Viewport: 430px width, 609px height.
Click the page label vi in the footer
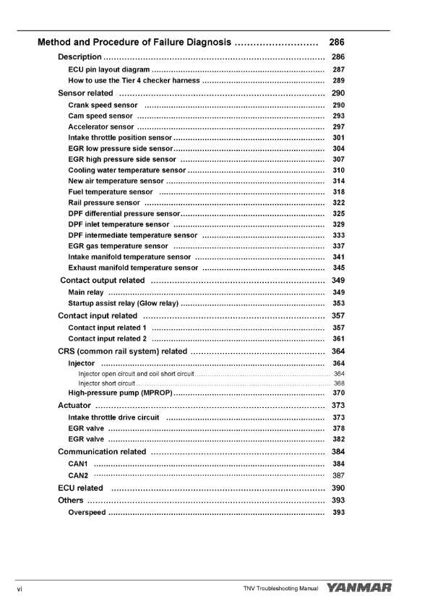[20, 589]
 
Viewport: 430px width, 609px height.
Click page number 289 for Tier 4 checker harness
[338, 80]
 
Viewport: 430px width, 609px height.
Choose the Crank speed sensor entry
[103, 106]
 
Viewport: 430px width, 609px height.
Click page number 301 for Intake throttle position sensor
[338, 137]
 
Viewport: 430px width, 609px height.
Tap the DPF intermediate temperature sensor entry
[132, 235]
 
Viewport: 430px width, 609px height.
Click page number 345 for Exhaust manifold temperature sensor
[338, 268]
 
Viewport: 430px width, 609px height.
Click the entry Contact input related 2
[107, 338]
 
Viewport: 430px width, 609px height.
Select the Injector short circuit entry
[107, 383]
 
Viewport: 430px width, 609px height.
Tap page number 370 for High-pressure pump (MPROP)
[338, 393]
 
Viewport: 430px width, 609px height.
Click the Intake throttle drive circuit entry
[113, 417]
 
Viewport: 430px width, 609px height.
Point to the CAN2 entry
[78, 475]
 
